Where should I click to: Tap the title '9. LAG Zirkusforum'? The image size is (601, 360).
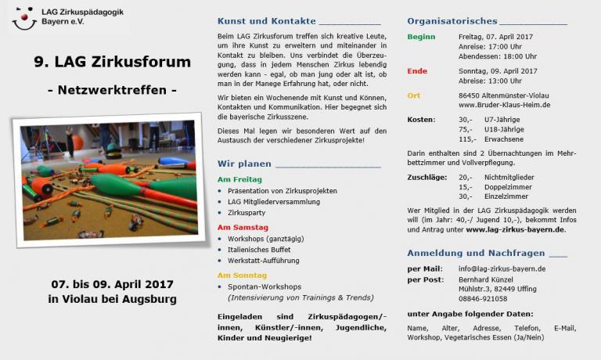[112, 62]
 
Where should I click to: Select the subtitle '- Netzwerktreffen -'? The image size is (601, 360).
[112, 89]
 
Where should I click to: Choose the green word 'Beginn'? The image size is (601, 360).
[422, 36]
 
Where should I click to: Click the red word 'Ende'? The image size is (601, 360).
[417, 70]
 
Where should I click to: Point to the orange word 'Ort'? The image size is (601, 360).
[414, 95]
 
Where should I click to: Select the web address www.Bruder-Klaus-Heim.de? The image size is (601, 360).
[504, 105]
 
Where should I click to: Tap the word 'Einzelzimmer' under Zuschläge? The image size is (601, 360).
[506, 196]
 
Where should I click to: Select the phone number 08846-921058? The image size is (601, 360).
[483, 298]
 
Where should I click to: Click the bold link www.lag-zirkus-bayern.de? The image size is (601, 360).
[515, 229]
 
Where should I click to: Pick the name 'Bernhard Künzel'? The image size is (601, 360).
[486, 279]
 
